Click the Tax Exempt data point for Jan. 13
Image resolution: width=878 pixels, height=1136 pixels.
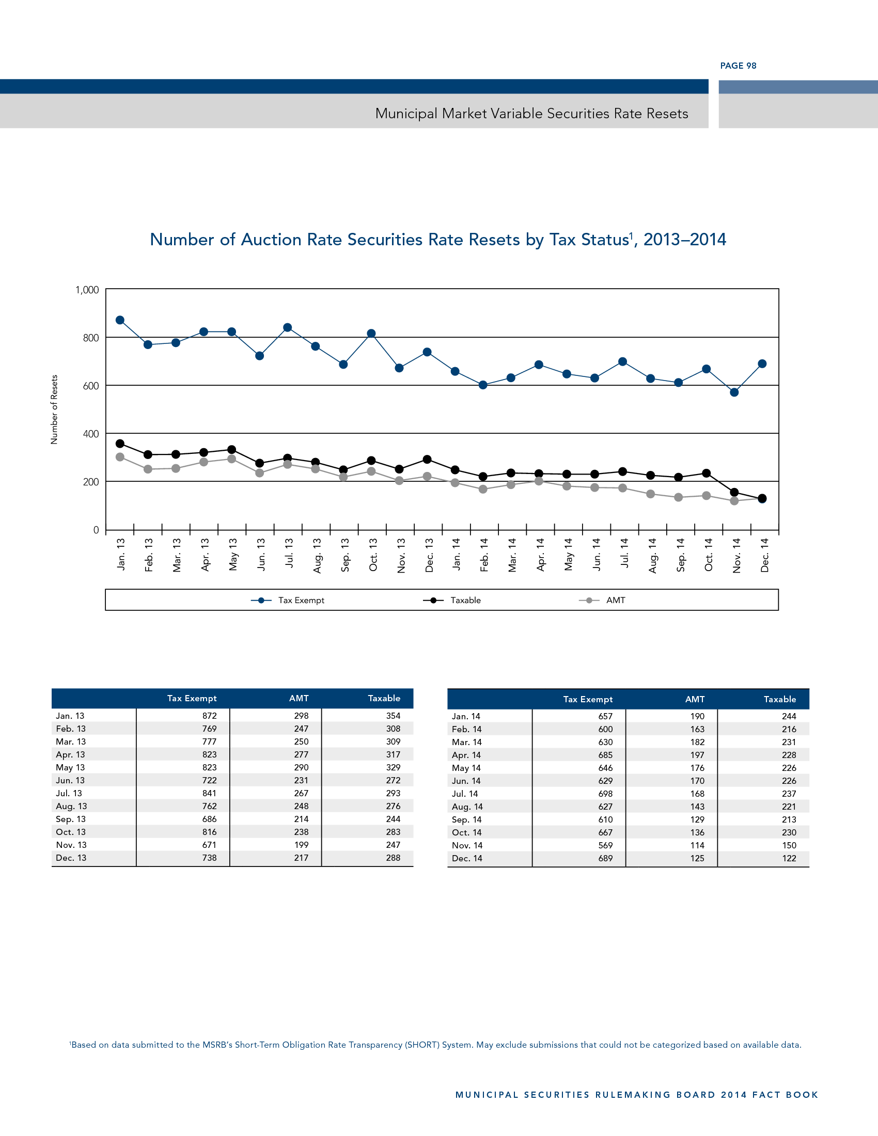(120, 320)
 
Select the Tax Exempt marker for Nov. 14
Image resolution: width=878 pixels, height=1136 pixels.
(734, 392)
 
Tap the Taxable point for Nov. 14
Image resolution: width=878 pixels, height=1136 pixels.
(734, 492)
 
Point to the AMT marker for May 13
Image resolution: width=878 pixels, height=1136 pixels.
(232, 459)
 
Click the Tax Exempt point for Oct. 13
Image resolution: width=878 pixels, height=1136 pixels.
(371, 334)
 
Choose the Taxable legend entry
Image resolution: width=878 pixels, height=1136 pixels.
(452, 600)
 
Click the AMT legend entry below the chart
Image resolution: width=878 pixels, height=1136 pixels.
(603, 600)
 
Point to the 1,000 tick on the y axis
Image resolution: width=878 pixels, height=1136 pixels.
(87, 290)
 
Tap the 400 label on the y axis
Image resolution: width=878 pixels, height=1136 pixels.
(90, 434)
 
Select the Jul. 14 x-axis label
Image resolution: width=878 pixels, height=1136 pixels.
(624, 553)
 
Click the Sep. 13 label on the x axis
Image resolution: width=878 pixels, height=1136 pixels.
(345, 555)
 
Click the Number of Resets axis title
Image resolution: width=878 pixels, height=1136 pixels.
(54, 409)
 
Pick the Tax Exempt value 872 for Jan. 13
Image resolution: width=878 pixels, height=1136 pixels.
(209, 716)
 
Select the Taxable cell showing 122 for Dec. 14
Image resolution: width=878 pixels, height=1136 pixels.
(789, 858)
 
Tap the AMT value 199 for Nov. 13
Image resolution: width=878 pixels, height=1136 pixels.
(301, 845)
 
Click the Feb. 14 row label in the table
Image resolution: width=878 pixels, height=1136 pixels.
(466, 729)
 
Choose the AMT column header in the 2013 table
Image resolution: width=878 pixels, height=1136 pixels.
(299, 698)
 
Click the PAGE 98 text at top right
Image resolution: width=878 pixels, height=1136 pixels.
(738, 66)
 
